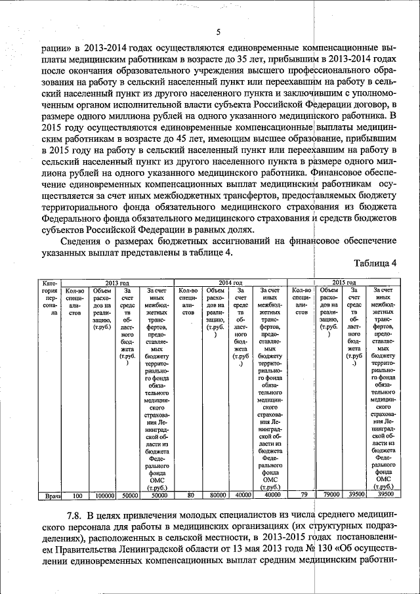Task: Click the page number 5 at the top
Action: pyautogui.click(x=219, y=33)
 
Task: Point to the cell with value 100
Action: pyautogui.click(x=77, y=496)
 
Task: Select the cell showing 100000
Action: pyautogui.click(x=105, y=496)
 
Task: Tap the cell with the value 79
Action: pyautogui.click(x=303, y=496)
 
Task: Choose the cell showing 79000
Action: pyautogui.click(x=330, y=496)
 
